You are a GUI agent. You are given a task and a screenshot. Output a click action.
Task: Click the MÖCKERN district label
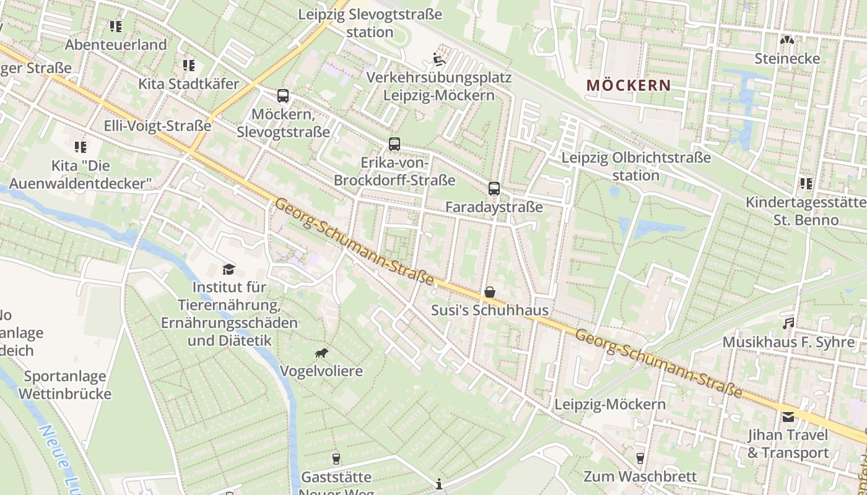tap(629, 85)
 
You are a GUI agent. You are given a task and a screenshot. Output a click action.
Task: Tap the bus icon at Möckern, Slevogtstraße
tap(283, 96)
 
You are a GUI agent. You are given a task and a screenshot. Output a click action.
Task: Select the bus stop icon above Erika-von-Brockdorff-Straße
tap(394, 144)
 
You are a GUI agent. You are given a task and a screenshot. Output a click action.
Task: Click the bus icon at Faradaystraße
tap(494, 189)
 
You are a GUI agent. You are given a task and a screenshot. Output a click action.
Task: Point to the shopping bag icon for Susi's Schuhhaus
tap(490, 292)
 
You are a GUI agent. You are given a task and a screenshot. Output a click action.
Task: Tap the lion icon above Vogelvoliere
tap(321, 353)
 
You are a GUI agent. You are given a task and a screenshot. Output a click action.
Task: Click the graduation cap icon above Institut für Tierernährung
tap(229, 269)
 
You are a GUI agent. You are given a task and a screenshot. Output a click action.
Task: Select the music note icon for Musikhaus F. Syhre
tap(788, 324)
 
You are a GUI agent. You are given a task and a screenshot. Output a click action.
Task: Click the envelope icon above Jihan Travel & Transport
tap(788, 416)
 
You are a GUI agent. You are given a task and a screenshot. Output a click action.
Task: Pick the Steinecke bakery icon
tap(787, 40)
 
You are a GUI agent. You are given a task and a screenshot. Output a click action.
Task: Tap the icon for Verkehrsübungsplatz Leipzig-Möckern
tap(438, 60)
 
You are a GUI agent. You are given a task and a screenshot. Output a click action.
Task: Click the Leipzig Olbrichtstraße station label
tap(636, 166)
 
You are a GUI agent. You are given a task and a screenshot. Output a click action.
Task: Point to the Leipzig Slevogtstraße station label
tap(370, 23)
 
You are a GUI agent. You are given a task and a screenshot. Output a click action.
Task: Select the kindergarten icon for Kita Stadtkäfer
tap(189, 65)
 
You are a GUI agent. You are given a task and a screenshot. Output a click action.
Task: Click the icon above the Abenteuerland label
tap(116, 27)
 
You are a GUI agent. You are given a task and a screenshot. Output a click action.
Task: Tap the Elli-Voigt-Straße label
tap(157, 126)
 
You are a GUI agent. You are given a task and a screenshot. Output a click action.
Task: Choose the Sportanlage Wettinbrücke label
tap(65, 385)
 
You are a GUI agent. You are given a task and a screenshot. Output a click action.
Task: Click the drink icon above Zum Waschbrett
tap(640, 458)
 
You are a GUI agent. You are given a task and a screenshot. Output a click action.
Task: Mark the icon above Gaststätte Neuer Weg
tap(336, 458)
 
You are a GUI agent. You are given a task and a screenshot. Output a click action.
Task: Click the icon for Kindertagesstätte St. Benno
tap(806, 183)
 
